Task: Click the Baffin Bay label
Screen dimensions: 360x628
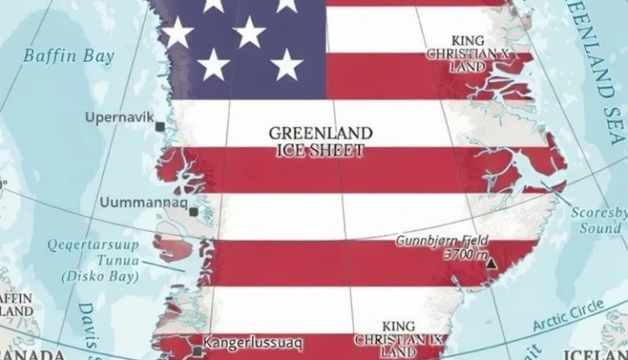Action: pyautogui.click(x=57, y=57)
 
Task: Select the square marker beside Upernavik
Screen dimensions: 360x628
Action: pyautogui.click(x=160, y=126)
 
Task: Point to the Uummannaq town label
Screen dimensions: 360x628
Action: pyautogui.click(x=142, y=202)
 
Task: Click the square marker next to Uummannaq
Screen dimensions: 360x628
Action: pyautogui.click(x=193, y=213)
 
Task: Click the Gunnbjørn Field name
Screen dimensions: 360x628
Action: pyautogui.click(x=443, y=240)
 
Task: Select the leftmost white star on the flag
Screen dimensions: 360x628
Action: pyautogui.click(x=178, y=33)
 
